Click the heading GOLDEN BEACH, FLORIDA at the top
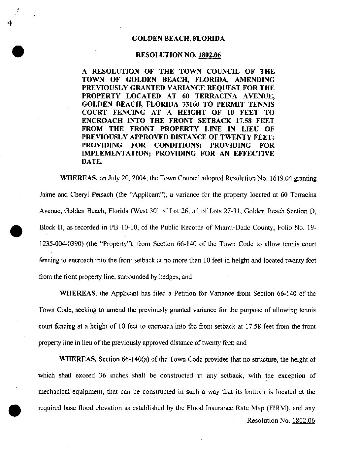(x=178, y=39)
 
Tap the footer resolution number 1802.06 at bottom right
(x=304, y=421)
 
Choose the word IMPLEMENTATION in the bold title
(x=117, y=154)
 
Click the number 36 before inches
(x=102, y=376)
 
